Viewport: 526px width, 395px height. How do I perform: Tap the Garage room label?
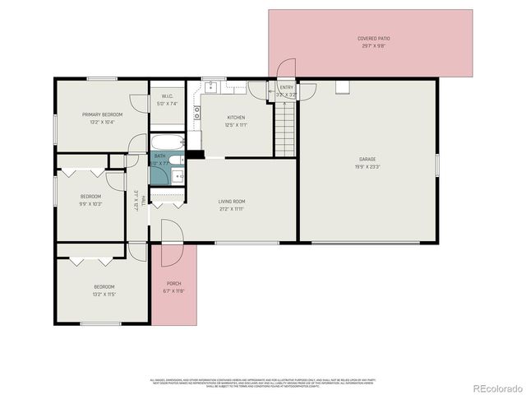click(367, 159)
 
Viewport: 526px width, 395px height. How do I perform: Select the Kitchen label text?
click(236, 118)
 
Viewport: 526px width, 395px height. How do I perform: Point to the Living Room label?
click(232, 202)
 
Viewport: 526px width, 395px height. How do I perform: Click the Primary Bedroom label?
click(102, 114)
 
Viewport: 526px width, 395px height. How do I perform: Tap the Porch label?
click(173, 284)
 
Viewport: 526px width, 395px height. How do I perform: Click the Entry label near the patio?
click(286, 87)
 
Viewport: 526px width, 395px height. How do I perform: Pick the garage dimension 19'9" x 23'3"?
click(367, 166)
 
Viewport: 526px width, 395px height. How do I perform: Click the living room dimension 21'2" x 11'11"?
click(232, 209)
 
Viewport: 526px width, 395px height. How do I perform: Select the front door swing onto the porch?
click(171, 244)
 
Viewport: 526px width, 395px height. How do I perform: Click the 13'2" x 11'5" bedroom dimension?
click(104, 294)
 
